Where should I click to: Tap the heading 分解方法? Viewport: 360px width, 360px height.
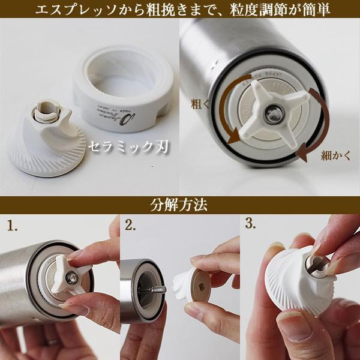pyautogui.click(x=179, y=205)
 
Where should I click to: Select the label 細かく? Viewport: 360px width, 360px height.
pyautogui.click(x=332, y=156)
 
